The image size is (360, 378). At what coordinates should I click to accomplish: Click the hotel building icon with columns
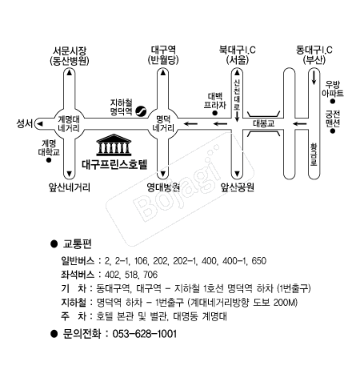[x=114, y=145]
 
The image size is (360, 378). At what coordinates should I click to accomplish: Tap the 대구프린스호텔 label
[x=114, y=164]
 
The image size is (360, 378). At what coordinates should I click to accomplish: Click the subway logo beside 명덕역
[x=141, y=111]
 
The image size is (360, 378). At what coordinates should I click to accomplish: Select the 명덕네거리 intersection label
[x=163, y=123]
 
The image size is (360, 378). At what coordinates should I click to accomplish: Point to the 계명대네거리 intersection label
[x=69, y=123]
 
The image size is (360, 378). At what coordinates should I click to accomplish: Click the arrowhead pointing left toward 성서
[x=40, y=124]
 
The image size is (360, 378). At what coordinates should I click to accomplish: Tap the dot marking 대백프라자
[x=214, y=113]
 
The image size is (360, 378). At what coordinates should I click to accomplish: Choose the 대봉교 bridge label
[x=264, y=124]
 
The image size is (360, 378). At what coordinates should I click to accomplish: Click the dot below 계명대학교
[x=49, y=160]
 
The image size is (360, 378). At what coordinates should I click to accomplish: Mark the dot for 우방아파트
[x=333, y=101]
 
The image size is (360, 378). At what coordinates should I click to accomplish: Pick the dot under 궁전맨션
[x=333, y=131]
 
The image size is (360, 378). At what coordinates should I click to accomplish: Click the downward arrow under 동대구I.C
[x=314, y=77]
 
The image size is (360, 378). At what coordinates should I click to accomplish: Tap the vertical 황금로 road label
[x=314, y=155]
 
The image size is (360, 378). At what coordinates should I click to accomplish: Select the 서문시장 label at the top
[x=70, y=50]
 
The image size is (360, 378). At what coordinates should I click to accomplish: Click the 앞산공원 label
[x=238, y=187]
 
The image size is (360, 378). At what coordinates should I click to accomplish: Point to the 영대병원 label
[x=163, y=187]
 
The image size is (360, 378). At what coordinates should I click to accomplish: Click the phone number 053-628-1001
[x=145, y=334]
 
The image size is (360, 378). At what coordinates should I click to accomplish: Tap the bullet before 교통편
[x=54, y=243]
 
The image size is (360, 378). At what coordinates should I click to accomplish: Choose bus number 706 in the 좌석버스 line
[x=150, y=275]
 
